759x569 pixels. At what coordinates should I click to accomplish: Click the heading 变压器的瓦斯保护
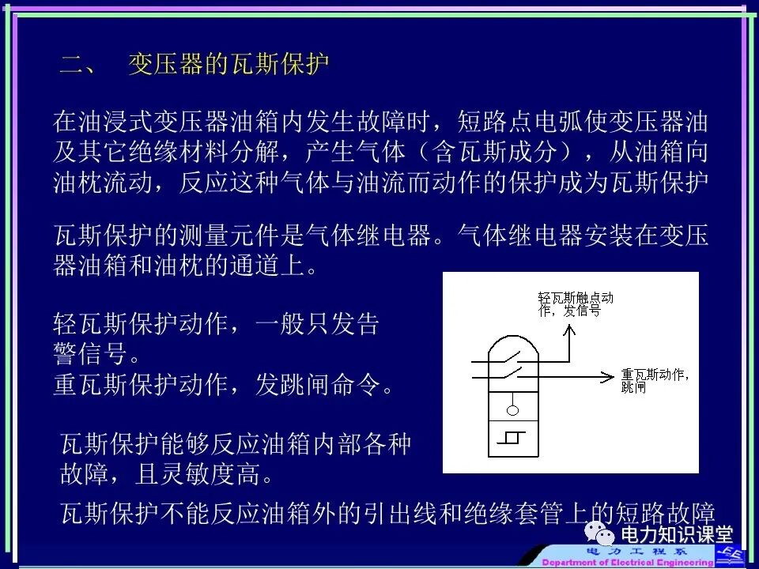point(228,65)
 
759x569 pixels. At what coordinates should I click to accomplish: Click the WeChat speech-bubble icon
point(604,537)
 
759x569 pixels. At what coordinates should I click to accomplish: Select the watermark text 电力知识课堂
point(677,536)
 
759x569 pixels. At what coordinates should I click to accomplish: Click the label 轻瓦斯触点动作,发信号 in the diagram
point(575,304)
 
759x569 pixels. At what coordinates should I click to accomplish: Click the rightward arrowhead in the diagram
point(610,375)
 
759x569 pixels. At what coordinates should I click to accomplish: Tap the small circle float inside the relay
point(512,410)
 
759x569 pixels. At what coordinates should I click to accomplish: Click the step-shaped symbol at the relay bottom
point(512,437)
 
